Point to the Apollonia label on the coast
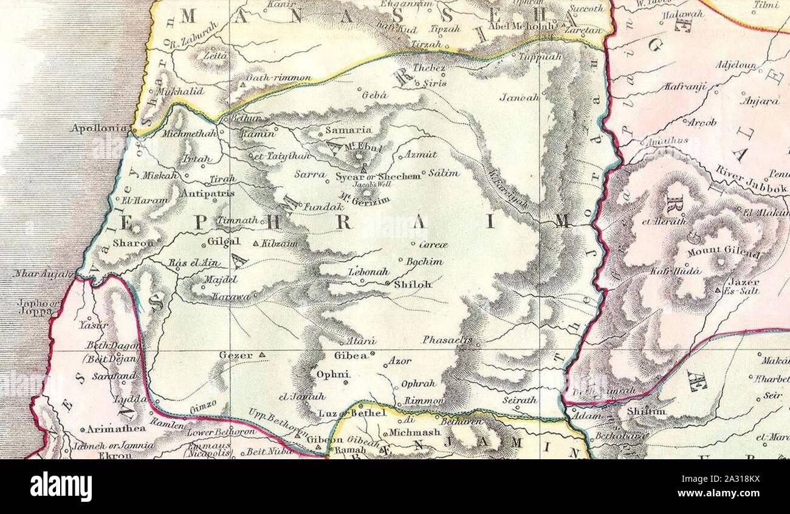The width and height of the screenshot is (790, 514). point(99,128)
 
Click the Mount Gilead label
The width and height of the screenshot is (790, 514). point(723,252)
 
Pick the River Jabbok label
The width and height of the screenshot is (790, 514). point(751,179)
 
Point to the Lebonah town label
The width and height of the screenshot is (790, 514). point(368,272)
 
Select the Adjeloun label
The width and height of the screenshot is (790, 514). point(736,65)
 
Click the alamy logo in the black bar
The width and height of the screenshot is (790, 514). point(61,487)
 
